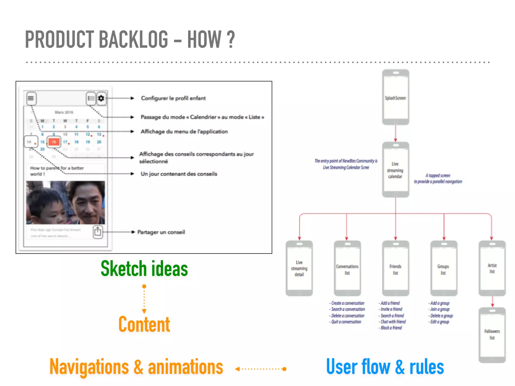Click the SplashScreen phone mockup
click(396, 98)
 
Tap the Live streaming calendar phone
click(396, 170)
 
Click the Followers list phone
click(492, 335)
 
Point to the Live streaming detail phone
click(299, 268)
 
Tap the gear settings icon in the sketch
click(101, 98)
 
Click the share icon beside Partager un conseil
click(98, 232)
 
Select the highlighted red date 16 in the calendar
click(54, 142)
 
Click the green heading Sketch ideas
click(144, 269)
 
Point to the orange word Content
click(144, 324)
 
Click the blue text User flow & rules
click(385, 367)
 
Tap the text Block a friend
click(391, 328)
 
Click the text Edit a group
click(440, 322)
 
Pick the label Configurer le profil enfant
click(173, 98)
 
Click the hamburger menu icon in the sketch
click(31, 98)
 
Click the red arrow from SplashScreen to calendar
click(396, 133)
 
